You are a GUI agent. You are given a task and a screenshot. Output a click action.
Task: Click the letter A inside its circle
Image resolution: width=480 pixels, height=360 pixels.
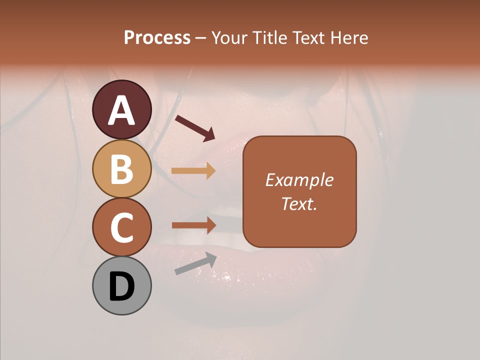pos(122,111)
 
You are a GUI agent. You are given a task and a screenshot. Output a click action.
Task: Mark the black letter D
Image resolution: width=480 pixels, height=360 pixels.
pos(122,287)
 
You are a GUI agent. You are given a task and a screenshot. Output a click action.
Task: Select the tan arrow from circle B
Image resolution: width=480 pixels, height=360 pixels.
pos(193,170)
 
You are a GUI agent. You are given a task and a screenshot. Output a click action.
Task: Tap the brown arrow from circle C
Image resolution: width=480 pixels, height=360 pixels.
pos(193,225)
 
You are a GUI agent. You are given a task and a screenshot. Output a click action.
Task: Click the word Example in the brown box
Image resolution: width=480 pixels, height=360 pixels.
pos(299,180)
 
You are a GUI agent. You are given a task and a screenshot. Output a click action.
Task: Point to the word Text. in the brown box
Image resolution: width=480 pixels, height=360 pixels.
pos(299,203)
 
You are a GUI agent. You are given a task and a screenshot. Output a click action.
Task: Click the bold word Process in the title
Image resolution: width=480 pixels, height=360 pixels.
pos(157,38)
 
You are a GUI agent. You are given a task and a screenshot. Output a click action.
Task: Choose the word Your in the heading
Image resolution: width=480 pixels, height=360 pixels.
pos(228,38)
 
